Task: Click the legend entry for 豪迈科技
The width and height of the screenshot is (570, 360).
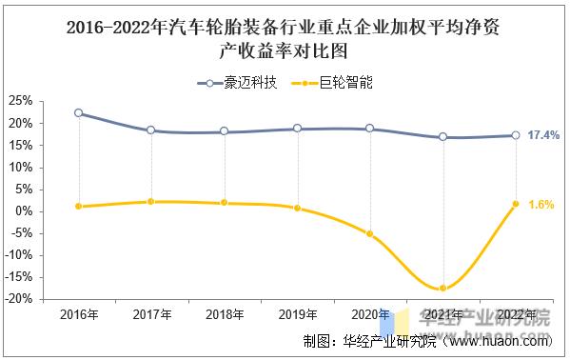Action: [x=237, y=83]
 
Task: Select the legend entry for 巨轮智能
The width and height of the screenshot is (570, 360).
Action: [x=334, y=83]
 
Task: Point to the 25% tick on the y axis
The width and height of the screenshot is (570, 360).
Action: [x=21, y=101]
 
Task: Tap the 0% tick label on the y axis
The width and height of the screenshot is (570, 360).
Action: [x=25, y=211]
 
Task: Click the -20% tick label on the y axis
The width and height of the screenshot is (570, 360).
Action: [x=19, y=299]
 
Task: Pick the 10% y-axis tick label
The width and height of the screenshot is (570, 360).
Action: [x=21, y=168]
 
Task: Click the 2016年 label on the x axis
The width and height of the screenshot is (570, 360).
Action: [x=77, y=315]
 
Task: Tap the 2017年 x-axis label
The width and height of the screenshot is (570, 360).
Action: [x=150, y=315]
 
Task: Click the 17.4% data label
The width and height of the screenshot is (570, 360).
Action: [x=543, y=135]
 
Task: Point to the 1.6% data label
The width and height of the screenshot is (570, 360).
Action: [x=541, y=205]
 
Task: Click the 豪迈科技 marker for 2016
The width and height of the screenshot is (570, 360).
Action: [x=78, y=113]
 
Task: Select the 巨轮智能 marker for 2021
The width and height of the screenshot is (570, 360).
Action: [x=442, y=288]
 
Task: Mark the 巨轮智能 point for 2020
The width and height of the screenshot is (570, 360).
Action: [x=369, y=233]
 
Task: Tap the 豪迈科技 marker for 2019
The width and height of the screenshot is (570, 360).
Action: [x=297, y=129]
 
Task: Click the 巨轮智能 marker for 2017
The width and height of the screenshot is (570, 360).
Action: [x=150, y=202]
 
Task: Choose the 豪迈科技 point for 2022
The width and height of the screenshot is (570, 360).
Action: [x=516, y=135]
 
